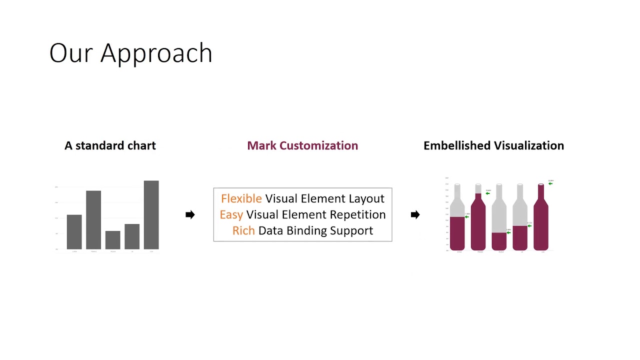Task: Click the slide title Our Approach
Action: tap(131, 53)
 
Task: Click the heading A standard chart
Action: tap(110, 145)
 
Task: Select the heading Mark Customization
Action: tap(302, 145)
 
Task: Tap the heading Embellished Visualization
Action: tap(493, 145)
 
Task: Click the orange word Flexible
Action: tap(241, 198)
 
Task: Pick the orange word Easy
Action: tap(231, 214)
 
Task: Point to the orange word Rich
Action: tap(243, 230)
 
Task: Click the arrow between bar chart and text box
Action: tap(190, 214)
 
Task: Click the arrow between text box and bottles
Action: tap(415, 214)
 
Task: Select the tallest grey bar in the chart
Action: tap(151, 215)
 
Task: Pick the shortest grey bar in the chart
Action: tap(113, 240)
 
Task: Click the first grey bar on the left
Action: tap(74, 232)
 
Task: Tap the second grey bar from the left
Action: tap(93, 220)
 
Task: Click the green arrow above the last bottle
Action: tap(550, 183)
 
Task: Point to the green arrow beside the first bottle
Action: tap(466, 217)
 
